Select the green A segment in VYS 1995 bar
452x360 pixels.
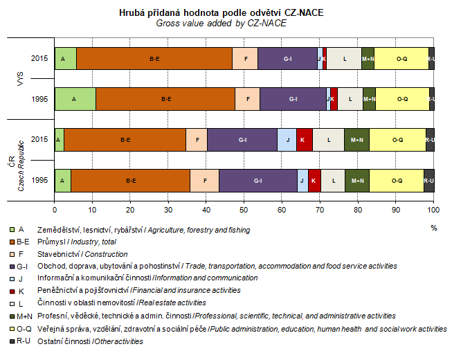pyautogui.click(x=75, y=99)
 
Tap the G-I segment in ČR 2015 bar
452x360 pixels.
pyautogui.click(x=242, y=140)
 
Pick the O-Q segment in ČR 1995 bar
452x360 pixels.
pyautogui.click(x=396, y=180)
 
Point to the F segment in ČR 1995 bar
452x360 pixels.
pyautogui.click(x=204, y=180)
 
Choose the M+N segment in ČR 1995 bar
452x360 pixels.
pyautogui.click(x=357, y=180)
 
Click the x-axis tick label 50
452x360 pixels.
pyautogui.click(x=244, y=208)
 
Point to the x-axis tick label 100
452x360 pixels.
pyautogui.click(x=433, y=208)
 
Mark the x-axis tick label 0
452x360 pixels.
pyautogui.click(x=55, y=208)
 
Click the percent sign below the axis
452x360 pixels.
pyautogui.click(x=434, y=227)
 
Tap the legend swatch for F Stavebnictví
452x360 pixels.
pyautogui.click(x=11, y=254)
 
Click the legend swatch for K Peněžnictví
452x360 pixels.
pyautogui.click(x=11, y=291)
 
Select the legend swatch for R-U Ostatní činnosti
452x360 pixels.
pyautogui.click(x=11, y=341)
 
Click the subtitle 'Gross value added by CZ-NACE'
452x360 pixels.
pyautogui.click(x=221, y=23)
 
